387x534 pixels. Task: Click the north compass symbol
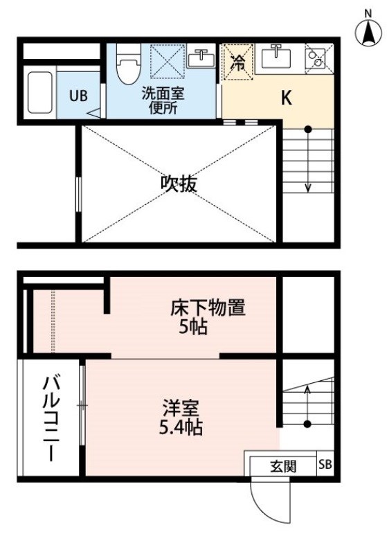click(368, 30)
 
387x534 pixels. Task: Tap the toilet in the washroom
click(128, 64)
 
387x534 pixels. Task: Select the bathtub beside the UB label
click(40, 92)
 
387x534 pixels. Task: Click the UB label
click(79, 96)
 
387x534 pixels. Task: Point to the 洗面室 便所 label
click(163, 101)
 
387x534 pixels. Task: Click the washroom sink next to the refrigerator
click(201, 56)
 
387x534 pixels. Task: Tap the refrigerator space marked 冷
click(237, 62)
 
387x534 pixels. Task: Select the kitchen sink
click(276, 57)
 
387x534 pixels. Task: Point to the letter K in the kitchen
click(287, 98)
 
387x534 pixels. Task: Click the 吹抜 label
click(179, 184)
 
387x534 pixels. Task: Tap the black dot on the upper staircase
click(307, 130)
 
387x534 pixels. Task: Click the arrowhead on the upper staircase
click(307, 188)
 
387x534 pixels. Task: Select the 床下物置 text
click(208, 308)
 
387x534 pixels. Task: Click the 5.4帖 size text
click(181, 428)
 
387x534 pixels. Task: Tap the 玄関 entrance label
click(283, 466)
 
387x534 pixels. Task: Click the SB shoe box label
click(325, 464)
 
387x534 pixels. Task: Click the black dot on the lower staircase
click(307, 424)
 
